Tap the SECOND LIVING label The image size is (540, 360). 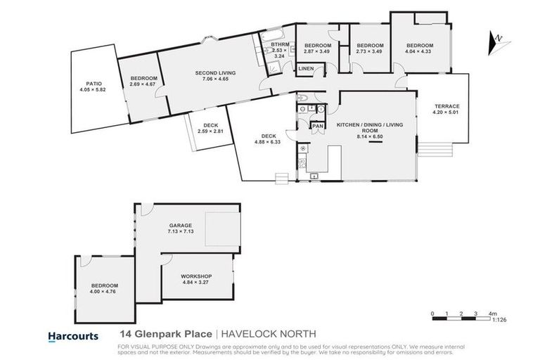tap(214, 73)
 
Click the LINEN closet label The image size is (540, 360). tap(307, 69)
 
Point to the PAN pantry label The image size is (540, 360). tap(318, 126)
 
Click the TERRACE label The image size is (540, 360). tap(446, 105)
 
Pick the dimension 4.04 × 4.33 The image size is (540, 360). tap(419, 52)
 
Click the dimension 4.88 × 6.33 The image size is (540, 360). tap(267, 143)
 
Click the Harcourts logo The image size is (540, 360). tap(72, 336)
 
